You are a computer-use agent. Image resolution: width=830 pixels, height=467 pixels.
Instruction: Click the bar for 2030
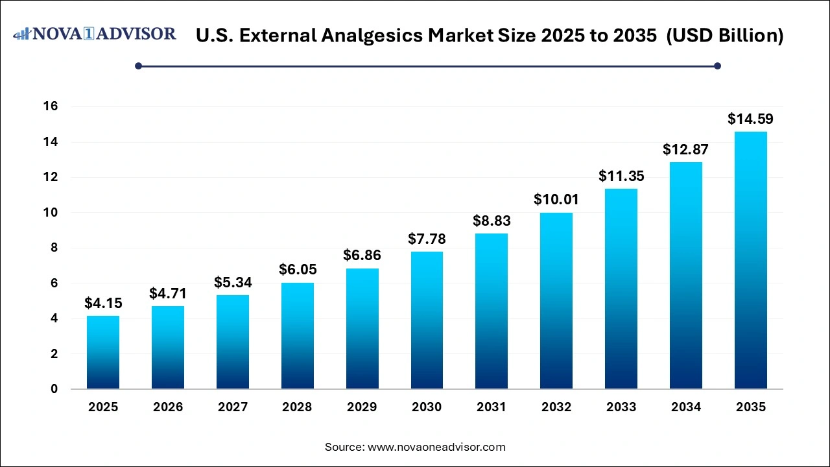427,320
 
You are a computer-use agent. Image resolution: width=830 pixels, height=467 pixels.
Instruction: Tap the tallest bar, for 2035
750,260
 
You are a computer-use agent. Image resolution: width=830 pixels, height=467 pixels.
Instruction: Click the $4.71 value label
168,293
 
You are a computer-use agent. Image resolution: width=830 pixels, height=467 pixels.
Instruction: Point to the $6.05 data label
298,269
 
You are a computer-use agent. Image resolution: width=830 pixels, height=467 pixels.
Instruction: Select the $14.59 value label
750,119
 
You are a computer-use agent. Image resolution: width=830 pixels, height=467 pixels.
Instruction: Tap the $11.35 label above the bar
621,176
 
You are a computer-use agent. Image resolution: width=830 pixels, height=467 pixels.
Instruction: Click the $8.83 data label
492,221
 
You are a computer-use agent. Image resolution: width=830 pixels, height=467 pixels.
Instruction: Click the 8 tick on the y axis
54,248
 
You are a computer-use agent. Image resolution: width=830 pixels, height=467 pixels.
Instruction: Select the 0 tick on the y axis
54,389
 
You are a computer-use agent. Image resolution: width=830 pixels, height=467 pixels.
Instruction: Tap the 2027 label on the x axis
233,407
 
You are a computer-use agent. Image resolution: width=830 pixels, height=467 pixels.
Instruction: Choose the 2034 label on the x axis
686,407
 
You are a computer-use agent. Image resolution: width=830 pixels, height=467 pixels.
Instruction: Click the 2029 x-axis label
362,407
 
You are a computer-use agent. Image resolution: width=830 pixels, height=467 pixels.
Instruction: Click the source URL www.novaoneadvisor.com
436,447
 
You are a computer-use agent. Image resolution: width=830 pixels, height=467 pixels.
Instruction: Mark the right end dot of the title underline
717,66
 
